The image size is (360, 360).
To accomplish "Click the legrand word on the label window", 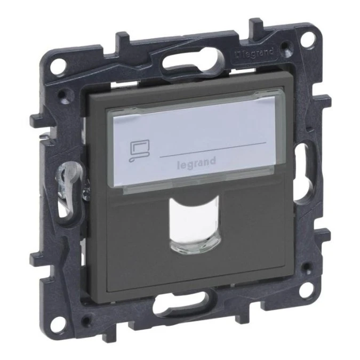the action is coord(196,163).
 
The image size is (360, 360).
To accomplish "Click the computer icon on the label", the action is coord(139,151).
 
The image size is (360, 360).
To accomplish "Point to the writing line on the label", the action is coord(213,149).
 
